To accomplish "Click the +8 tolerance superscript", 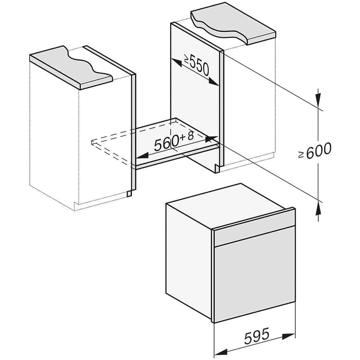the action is [187, 136].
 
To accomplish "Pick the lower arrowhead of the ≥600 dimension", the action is [318, 208].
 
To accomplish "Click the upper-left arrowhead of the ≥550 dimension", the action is [176, 62].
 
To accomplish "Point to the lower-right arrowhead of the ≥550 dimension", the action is [214, 82].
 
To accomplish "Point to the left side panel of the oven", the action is [190, 262].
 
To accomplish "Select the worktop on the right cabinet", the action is [233, 23].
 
